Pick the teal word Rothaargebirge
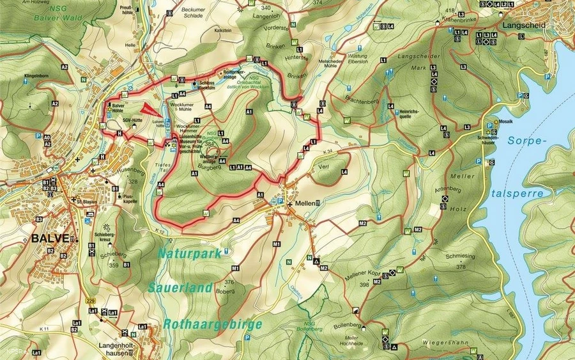(212, 324)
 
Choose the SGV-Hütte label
(133, 118)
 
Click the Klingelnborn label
(37, 75)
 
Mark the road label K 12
(159, 230)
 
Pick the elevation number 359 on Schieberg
(114, 265)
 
